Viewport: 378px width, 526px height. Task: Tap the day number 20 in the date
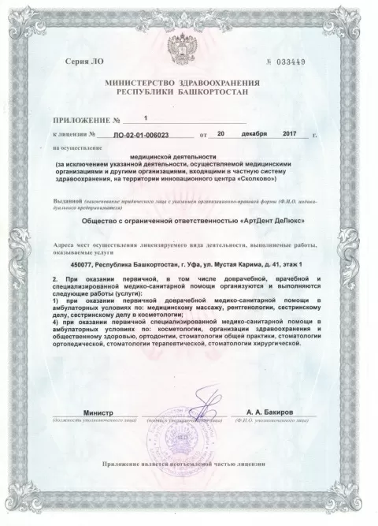221,135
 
